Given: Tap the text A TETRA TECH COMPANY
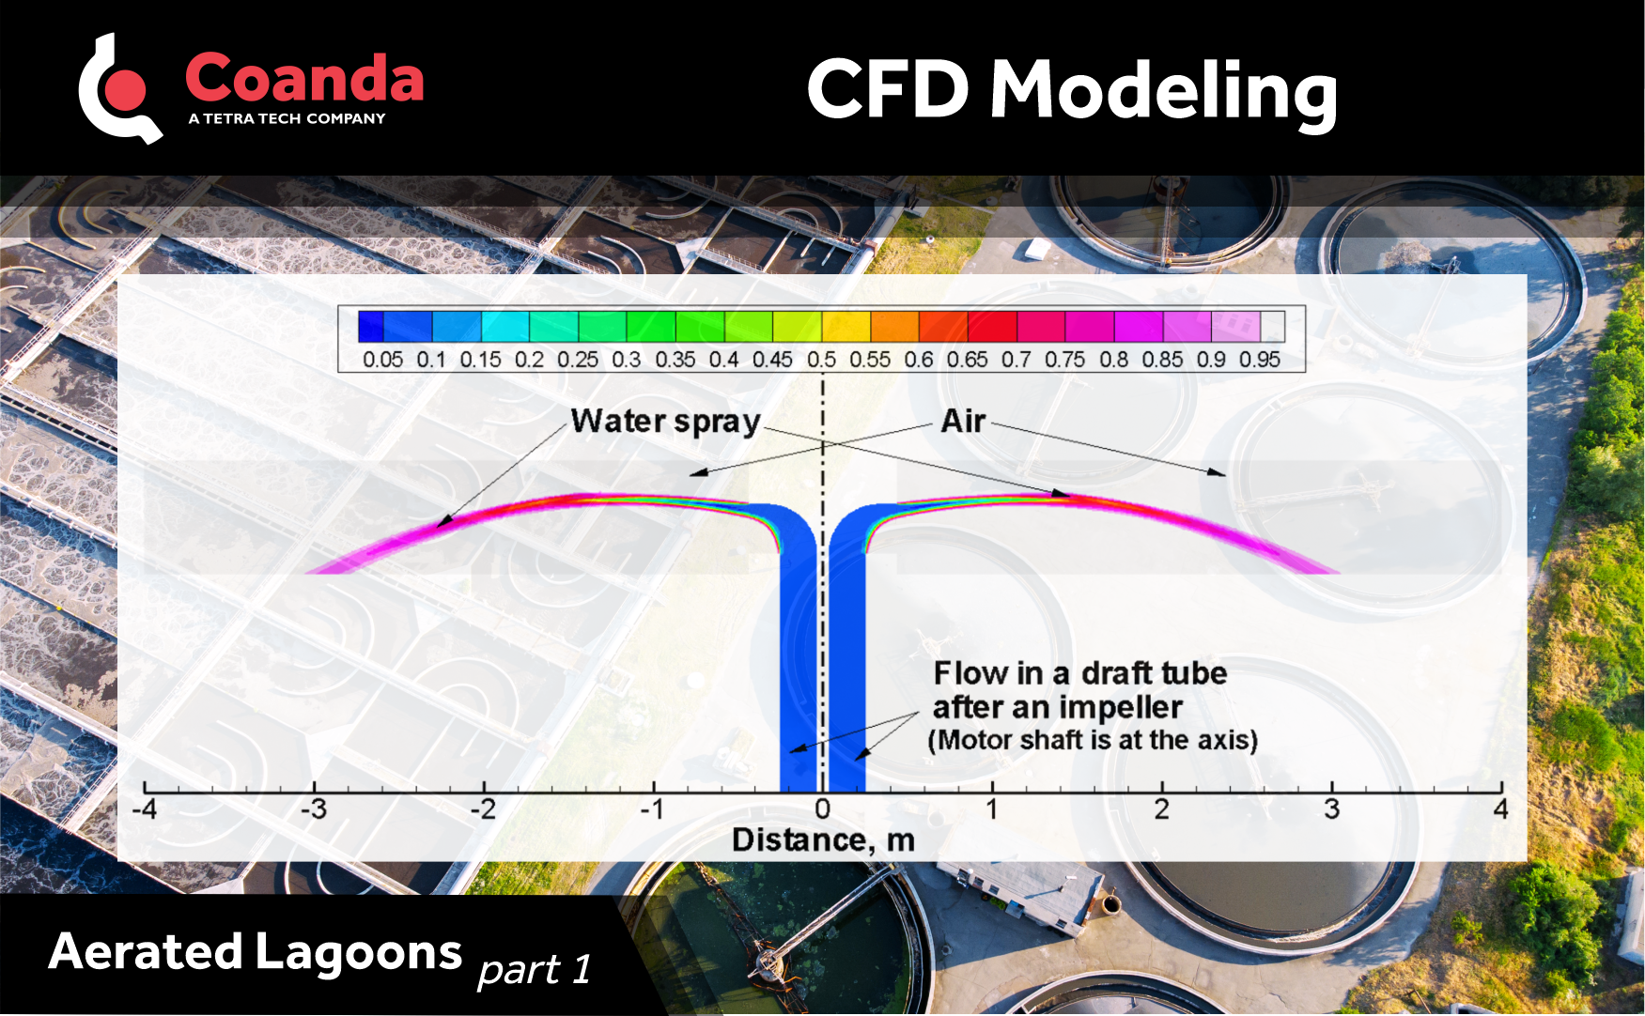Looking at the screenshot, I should pos(287,119).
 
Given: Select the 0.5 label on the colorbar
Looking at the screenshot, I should pos(821,360).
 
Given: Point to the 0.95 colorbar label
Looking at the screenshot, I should pos(1259,360).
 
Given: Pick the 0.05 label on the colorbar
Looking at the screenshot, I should pos(382,360).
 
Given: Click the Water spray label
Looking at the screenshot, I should pos(665,422).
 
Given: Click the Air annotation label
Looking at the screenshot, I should pos(963,422).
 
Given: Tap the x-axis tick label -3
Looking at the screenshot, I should pos(314,809).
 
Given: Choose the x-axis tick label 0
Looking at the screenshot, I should pos(823,809).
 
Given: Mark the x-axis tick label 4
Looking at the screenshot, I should pos(1500,809).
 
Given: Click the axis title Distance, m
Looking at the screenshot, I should pos(823,840).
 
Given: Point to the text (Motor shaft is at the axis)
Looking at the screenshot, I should pos(1093,741).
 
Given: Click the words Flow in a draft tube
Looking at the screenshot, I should pos(1079,673).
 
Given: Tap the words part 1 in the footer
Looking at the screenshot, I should pos(535,970).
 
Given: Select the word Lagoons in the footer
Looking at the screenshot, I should pos(358,952).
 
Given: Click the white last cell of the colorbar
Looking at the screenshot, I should pos(1272,327).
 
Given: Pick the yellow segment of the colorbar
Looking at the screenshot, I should pos(846,327).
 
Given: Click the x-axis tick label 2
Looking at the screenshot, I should pos(1162,809).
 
